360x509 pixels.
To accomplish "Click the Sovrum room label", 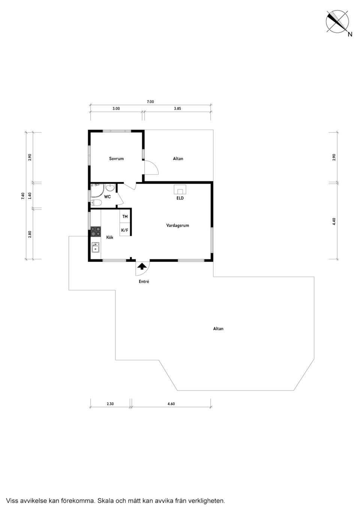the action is pos(116,159).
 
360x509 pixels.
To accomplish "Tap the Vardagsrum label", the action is pos(177,225).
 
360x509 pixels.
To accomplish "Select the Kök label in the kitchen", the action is pos(110,237).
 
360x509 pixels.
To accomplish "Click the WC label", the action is pos(107,196).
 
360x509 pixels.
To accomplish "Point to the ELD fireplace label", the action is pos(180,198).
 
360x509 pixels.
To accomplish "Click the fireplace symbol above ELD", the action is pos(180,189).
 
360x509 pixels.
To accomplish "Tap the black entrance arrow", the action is pos(142,266).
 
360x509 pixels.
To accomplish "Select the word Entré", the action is pos(144,281).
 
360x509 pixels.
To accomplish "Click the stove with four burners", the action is pos(96,231).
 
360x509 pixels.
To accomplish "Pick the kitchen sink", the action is pos(96,247).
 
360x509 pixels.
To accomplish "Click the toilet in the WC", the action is pos(96,203).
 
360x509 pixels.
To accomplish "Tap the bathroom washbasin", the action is pos(111,187).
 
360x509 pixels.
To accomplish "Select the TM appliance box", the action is pos(125,217).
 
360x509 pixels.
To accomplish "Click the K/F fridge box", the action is pos(125,230).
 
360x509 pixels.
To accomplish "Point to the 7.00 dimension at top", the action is pos(150,102).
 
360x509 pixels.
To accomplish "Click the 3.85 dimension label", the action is pos(177,108).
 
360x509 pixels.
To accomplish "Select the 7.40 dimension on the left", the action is pos(22,196).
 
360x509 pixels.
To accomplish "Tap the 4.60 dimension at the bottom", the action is pos(171,404).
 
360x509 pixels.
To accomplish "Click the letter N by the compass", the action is pos(350,34).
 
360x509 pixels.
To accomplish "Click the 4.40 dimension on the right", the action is pos(334,222).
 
